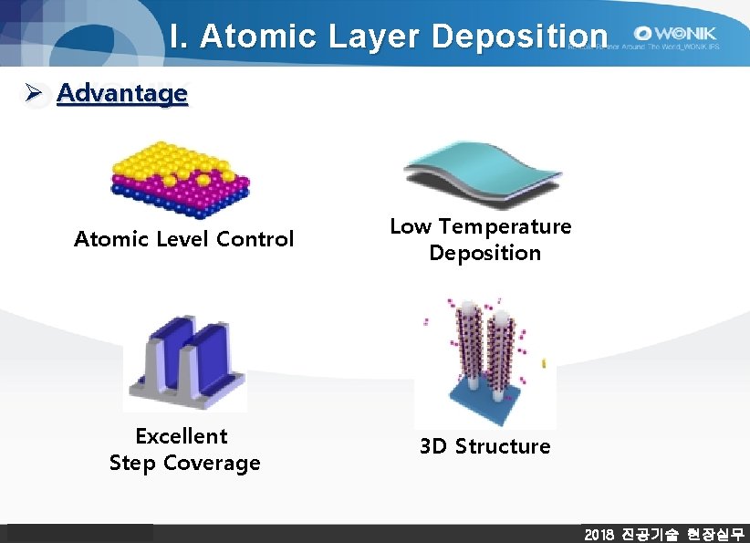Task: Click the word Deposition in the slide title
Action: (519, 37)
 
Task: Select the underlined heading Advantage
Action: (122, 93)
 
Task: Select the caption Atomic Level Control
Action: (183, 239)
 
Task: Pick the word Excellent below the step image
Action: (182, 436)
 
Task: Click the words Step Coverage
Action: (184, 464)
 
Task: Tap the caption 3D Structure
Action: (484, 446)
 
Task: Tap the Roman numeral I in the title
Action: (175, 37)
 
